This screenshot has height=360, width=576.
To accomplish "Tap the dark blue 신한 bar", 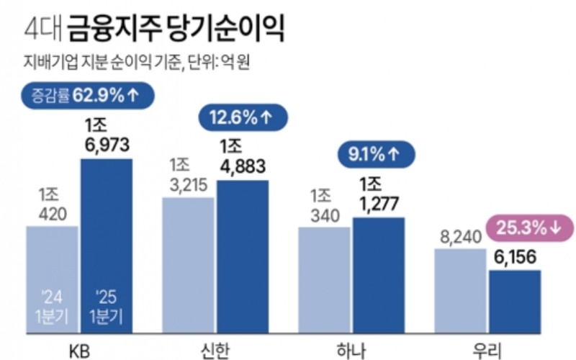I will pos(242,252).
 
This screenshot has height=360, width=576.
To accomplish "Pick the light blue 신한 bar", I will pos(189,259).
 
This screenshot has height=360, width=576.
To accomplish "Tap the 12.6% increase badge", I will pos(242,117).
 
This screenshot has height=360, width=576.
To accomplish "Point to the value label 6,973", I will pos(106,145).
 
